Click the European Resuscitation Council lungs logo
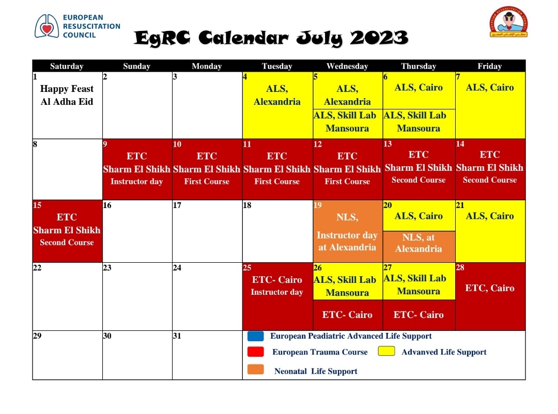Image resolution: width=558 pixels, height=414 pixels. click(47, 26)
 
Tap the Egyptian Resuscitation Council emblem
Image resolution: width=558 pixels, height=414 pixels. click(508, 22)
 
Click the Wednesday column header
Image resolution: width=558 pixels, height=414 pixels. click(347, 66)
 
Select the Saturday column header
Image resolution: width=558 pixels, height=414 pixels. click(67, 66)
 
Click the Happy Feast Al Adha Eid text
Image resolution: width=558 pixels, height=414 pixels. click(67, 95)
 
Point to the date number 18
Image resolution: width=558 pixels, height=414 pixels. click(247, 205)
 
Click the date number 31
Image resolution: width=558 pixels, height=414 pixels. click(177, 336)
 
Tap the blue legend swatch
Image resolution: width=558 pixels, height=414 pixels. click(256, 336)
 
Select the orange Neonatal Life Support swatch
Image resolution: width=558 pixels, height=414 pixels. click(256, 370)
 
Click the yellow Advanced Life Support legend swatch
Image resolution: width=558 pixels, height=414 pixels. click(386, 351)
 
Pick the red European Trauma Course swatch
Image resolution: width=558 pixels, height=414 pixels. click(256, 352)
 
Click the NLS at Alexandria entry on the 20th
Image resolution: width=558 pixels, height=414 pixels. click(419, 243)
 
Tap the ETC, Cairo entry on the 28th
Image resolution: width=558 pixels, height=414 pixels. click(490, 288)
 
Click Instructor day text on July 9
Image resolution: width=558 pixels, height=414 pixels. click(136, 181)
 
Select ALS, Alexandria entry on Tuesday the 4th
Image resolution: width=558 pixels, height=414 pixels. click(277, 95)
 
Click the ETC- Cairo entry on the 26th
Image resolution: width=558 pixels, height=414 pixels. click(347, 315)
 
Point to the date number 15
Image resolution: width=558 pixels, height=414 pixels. click(37, 205)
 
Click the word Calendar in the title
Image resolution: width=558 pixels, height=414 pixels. click(243, 38)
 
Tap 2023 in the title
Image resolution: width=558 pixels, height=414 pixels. click(379, 38)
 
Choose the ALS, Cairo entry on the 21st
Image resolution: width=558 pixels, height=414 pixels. click(490, 216)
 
